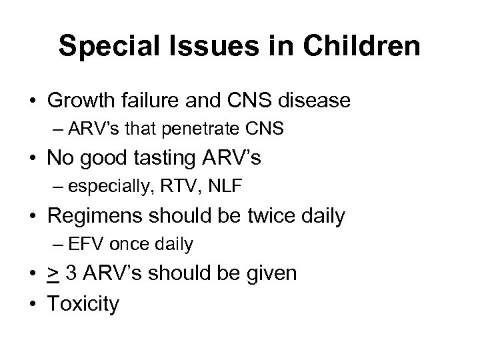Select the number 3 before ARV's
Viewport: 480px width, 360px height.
[73, 273]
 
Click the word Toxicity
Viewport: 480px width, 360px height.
[84, 304]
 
